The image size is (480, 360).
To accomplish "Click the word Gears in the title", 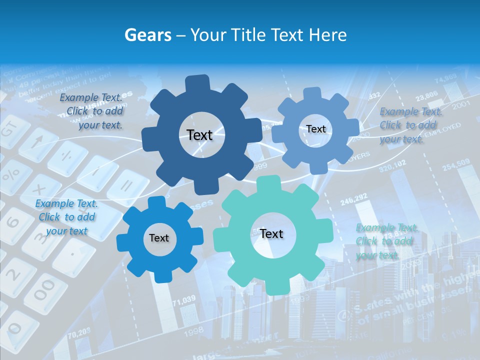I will point(147,35).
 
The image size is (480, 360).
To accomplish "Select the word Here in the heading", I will point(328,35).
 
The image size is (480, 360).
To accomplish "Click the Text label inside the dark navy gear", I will point(199,135).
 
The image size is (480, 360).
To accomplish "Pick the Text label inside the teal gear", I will point(271,233).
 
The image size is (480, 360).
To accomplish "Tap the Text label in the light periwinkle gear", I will point(316,129).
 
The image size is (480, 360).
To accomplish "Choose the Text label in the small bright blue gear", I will point(159,238).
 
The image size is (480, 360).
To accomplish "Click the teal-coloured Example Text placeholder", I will point(386,241).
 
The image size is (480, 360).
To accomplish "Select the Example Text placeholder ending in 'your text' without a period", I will point(66,217).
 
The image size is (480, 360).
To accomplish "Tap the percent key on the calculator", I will point(11,175).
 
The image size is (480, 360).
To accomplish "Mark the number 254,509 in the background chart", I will point(455,163).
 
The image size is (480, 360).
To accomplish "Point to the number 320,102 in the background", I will point(392,166).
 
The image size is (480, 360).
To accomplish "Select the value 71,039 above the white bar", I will point(184,299).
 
